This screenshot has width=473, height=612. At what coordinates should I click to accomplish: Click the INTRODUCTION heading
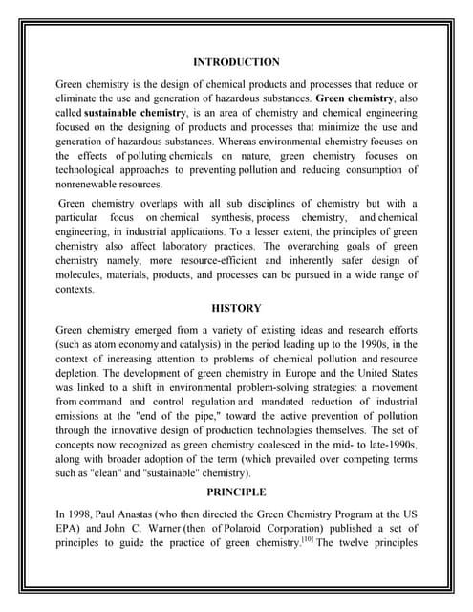coord(236,62)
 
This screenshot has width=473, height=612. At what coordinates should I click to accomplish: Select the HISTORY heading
coord(236,309)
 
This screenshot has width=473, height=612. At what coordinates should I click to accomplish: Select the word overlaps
coord(166,204)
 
